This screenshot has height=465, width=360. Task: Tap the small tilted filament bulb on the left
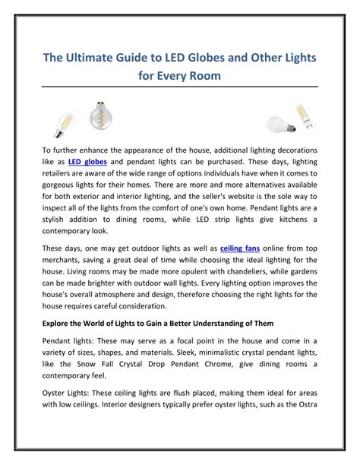tap(63, 121)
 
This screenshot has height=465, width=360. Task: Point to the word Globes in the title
tap(205, 59)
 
